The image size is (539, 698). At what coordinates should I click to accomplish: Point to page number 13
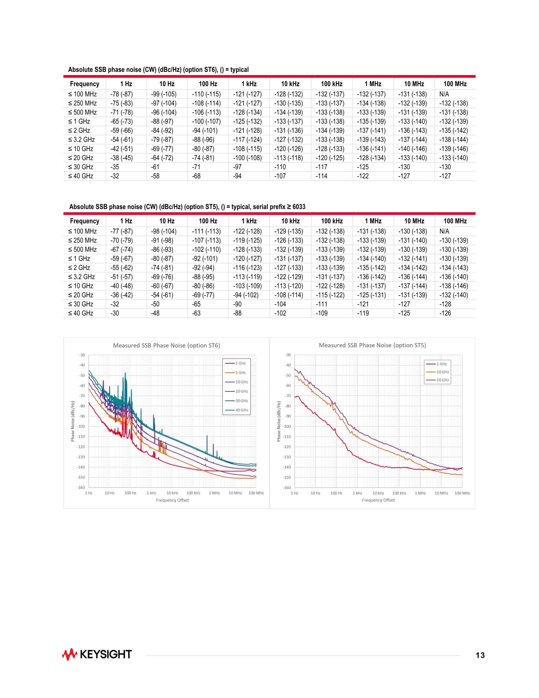(x=480, y=656)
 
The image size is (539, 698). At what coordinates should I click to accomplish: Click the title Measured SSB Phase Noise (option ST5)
(x=372, y=345)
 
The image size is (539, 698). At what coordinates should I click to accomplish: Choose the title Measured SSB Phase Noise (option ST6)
(x=166, y=345)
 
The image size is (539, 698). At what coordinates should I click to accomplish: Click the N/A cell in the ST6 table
(x=444, y=94)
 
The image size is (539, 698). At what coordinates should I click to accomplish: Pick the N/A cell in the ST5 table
(x=444, y=231)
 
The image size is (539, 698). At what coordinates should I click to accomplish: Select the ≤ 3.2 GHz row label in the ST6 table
(x=81, y=140)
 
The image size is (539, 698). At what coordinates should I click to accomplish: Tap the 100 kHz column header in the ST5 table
(x=332, y=221)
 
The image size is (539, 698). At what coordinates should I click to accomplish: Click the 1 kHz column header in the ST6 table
(x=249, y=84)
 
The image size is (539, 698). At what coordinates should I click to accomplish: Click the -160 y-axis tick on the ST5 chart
(x=287, y=488)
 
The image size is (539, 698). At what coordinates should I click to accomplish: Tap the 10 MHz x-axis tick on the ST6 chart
(x=235, y=493)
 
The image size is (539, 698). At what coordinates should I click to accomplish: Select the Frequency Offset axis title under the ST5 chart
(x=378, y=500)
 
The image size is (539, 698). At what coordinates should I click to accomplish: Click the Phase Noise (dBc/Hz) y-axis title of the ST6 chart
(x=72, y=421)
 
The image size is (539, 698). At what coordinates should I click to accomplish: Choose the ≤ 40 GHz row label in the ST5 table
(x=81, y=313)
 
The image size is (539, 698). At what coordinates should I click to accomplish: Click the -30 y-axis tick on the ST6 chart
(x=82, y=355)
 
